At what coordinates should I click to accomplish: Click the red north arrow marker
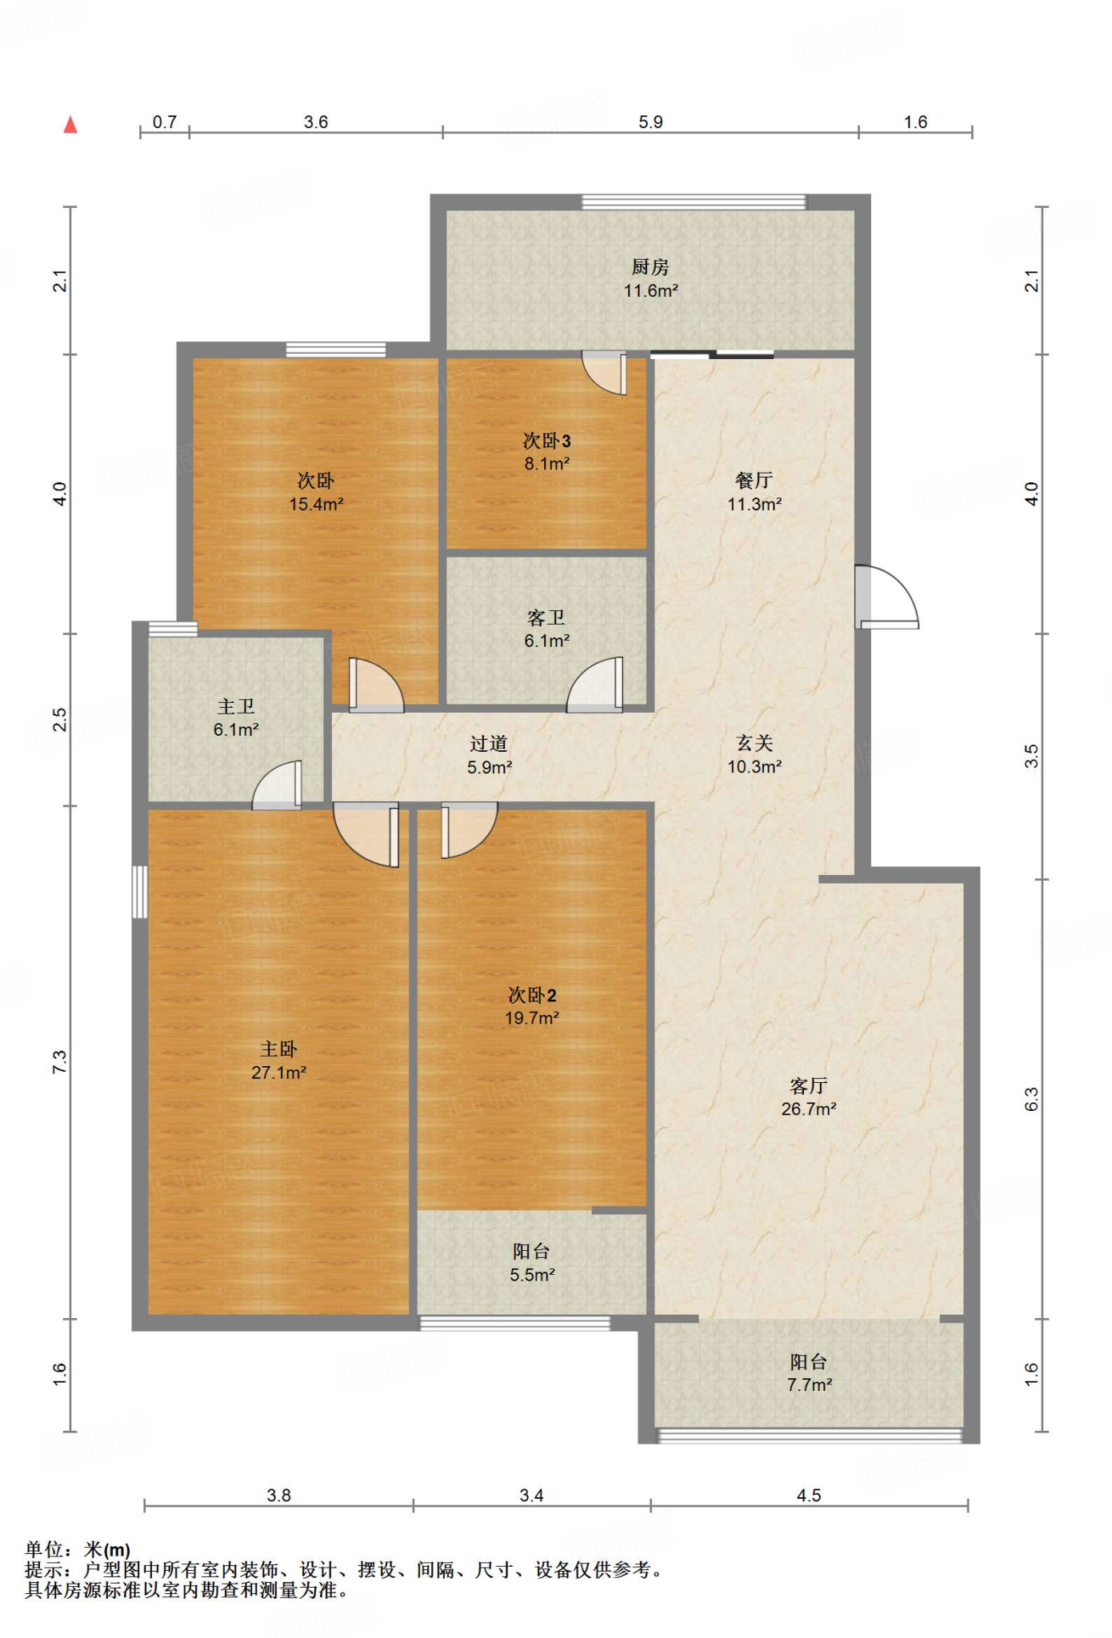coord(70,125)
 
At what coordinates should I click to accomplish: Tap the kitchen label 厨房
coord(650,267)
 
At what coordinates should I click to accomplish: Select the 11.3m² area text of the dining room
coord(754,504)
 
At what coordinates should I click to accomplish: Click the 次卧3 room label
coord(547,441)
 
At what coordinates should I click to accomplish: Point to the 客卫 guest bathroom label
coord(547,617)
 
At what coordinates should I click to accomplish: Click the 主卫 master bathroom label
coord(236,706)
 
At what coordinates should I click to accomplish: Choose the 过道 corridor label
coord(489,744)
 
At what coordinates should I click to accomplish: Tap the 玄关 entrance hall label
coord(754,743)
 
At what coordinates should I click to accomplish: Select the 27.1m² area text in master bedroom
coord(278,1073)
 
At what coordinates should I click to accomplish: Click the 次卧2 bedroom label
coord(532,995)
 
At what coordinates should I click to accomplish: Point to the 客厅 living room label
coord(809,1085)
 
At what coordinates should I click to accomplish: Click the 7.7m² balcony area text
coord(810,1385)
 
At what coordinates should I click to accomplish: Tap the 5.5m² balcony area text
coord(532,1275)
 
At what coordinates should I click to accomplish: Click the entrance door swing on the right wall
coord(886,597)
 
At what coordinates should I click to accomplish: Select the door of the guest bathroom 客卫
coord(595,685)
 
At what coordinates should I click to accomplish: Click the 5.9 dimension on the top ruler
coord(650,122)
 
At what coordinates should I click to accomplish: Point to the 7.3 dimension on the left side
coord(60,1062)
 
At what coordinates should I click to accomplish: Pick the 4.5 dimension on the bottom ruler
coord(810,1496)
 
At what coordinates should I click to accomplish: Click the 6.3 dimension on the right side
coord(1032,1100)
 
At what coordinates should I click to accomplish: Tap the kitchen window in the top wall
coord(694,202)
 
